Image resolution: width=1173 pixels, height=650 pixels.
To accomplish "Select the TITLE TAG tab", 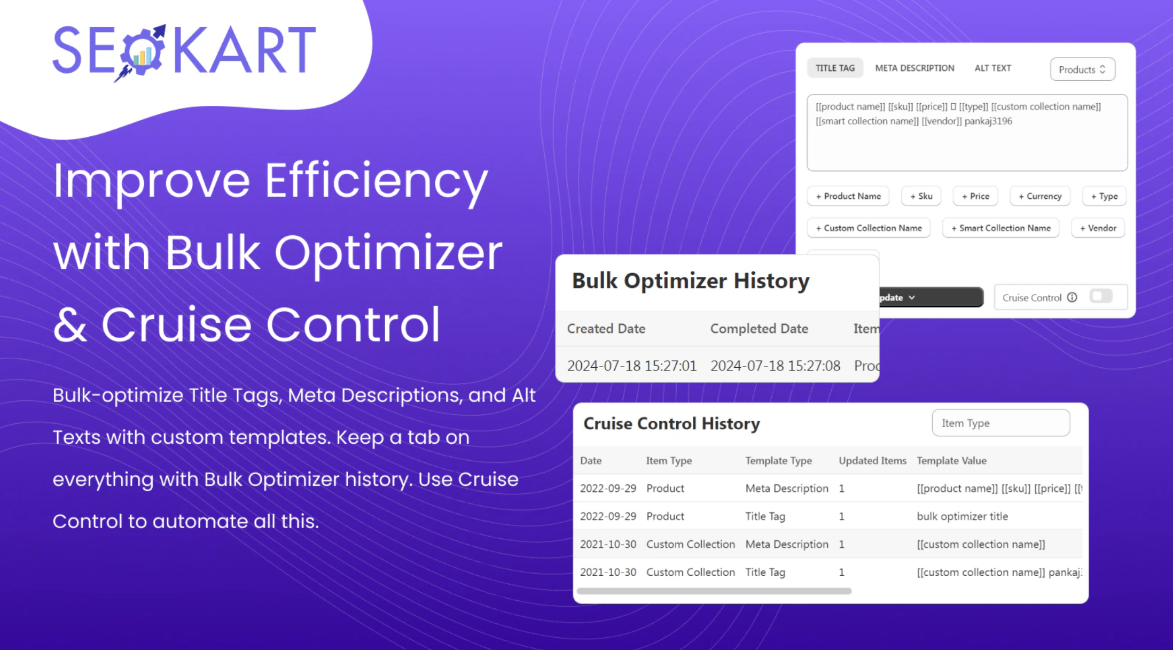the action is coord(835,68).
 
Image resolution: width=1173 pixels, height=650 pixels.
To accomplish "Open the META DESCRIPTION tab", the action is coord(914,68).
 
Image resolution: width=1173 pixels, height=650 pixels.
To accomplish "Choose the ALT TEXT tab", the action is coord(992,68).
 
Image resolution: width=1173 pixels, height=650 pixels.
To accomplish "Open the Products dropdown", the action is coord(1082,69).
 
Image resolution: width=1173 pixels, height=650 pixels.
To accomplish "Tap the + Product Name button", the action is coord(848,196).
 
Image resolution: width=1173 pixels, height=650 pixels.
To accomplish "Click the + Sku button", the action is coord(921,196).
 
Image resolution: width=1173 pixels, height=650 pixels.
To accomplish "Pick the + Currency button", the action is coord(1039,196).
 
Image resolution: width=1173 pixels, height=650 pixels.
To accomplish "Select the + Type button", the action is coord(1104,196).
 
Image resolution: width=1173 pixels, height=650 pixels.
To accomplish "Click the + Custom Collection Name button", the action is coord(869,228).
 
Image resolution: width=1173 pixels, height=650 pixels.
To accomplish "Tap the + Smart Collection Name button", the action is coord(1000,228).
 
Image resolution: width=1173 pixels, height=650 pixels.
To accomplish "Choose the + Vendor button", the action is coord(1098,228).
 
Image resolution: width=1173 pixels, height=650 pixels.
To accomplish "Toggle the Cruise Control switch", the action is coord(1101,296).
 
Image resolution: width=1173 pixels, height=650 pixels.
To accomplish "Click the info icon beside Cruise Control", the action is coord(1072,297).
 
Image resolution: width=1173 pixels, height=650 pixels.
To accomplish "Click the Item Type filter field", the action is coord(1000,423).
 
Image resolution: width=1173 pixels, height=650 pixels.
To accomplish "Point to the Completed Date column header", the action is coord(759,328).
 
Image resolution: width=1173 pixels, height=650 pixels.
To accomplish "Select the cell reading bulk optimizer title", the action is coord(962,516).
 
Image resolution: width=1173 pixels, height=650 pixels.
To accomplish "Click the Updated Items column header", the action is coord(872,460).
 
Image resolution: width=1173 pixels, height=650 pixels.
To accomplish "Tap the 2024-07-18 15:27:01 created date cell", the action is coord(632,366).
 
